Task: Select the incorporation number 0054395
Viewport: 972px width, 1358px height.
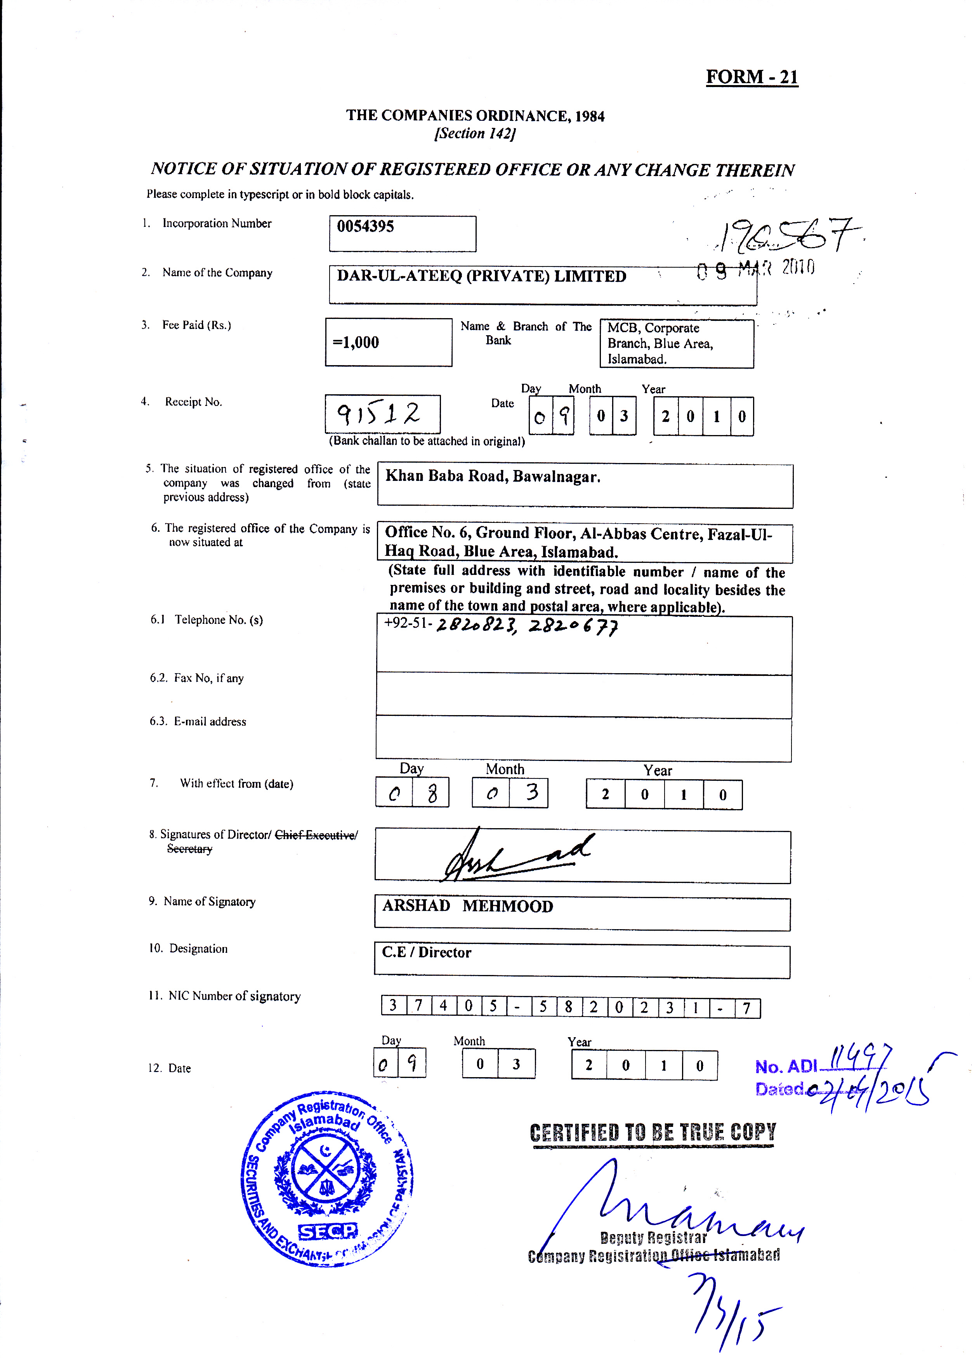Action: pos(365,226)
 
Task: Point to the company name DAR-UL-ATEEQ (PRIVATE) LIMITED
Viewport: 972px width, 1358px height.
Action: pos(481,276)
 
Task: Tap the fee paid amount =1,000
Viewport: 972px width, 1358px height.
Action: pos(356,343)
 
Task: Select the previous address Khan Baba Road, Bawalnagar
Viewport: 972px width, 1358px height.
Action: pos(493,477)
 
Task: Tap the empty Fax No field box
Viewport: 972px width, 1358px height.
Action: pos(583,696)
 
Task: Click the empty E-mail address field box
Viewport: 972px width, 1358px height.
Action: pos(583,740)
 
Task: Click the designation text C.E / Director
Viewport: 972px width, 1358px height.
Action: pos(426,952)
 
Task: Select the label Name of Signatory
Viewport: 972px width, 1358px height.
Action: pos(210,902)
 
